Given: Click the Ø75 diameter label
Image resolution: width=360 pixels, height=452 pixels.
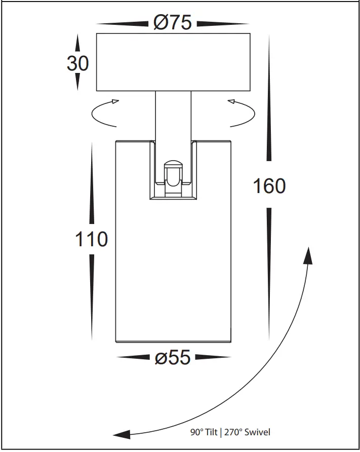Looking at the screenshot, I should [x=172, y=23].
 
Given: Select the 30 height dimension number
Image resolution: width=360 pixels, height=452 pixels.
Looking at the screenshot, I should [x=77, y=63].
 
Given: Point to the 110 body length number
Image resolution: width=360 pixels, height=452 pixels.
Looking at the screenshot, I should [x=92, y=239].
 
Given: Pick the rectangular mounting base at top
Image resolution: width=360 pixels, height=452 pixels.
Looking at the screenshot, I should [x=173, y=62].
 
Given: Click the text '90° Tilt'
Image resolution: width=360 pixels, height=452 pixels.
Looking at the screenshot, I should [x=203, y=432].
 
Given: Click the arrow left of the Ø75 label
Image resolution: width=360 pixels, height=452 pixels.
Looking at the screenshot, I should [x=123, y=23].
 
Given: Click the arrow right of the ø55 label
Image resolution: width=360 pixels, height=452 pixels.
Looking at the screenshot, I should [x=213, y=358].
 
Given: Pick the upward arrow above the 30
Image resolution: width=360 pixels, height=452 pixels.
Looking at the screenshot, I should [x=77, y=43].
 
